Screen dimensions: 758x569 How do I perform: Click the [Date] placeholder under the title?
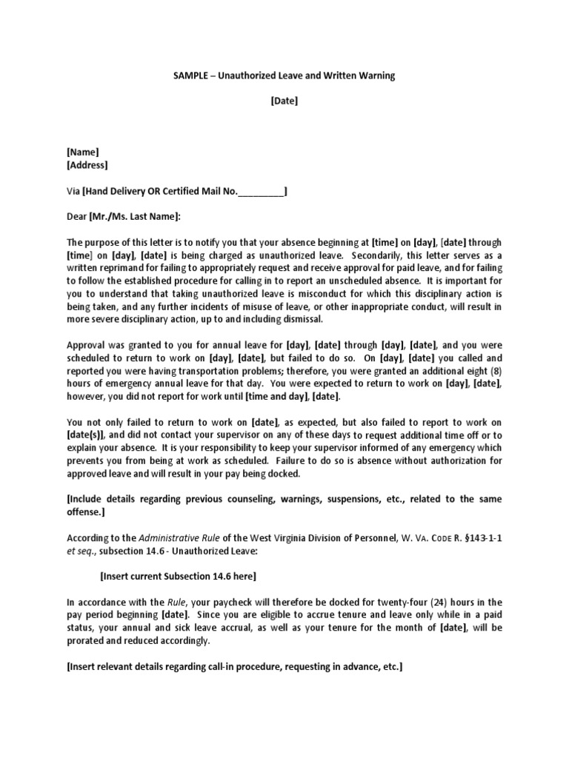coord(284,101)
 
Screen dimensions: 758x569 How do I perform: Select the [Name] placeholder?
coord(83,152)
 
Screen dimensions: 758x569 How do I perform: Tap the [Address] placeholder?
coord(87,165)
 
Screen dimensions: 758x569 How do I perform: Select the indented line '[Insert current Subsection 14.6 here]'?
coord(179,577)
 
